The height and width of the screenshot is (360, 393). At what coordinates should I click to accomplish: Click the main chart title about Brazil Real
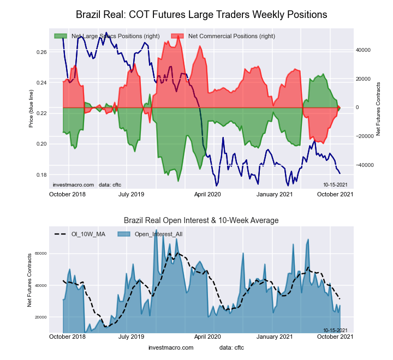[201, 14]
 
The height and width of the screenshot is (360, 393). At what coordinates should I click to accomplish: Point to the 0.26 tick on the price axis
[41, 52]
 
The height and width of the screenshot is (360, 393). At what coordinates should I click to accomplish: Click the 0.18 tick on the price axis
[41, 175]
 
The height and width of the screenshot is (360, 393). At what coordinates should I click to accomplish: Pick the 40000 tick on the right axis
[364, 50]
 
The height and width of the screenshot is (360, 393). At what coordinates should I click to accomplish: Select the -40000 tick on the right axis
[363, 165]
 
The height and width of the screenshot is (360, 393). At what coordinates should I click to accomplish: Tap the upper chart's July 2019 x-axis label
[131, 194]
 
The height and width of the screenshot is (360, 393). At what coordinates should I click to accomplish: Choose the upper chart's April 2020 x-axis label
[207, 194]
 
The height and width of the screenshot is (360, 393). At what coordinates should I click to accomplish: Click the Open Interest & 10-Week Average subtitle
[201, 220]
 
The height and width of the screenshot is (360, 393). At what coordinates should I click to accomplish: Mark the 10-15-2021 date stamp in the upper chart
[335, 185]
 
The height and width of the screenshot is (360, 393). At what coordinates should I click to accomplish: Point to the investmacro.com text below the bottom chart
[170, 347]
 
